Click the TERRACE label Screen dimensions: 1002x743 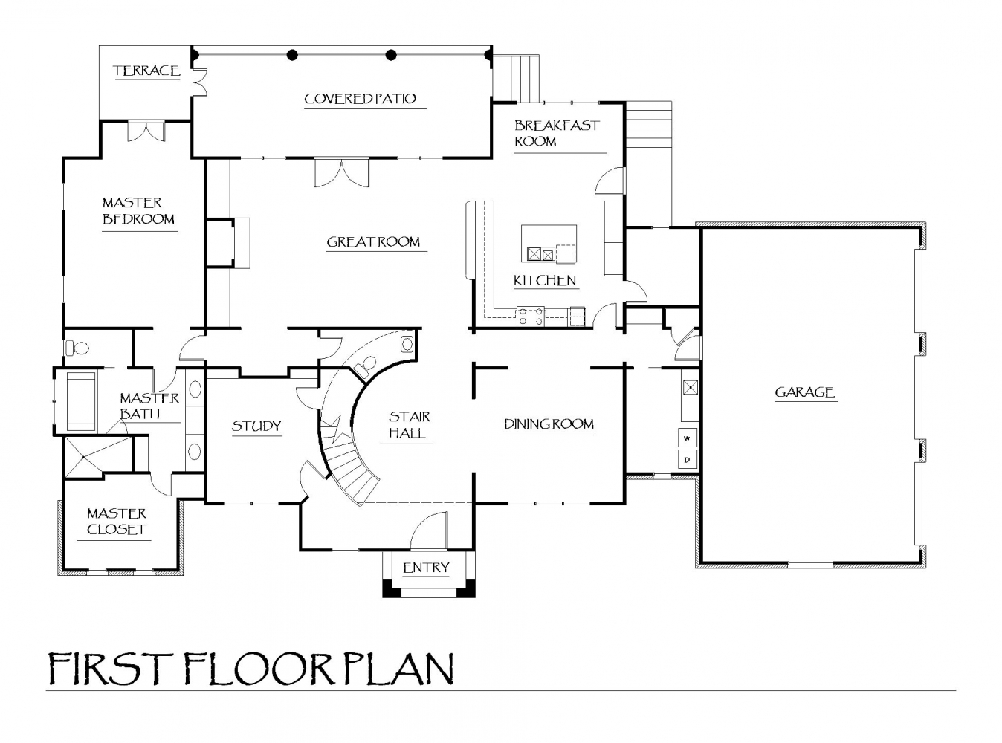point(146,71)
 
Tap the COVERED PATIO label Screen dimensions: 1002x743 point(360,99)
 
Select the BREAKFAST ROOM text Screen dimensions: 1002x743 point(557,133)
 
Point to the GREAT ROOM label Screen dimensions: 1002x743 point(373,241)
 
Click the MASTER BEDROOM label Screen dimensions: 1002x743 point(138,211)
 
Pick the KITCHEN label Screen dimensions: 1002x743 point(545,281)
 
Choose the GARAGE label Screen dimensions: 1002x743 point(804,392)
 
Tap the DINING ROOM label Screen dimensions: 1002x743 point(549,424)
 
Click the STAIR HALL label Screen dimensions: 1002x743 point(409,424)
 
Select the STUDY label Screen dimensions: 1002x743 point(256,426)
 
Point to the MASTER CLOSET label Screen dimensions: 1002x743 point(117,522)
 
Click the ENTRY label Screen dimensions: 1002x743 point(426,568)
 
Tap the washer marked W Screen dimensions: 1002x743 point(688,438)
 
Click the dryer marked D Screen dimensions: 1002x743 point(688,460)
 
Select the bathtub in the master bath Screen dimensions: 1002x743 point(82,401)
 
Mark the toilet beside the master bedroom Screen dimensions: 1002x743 point(77,347)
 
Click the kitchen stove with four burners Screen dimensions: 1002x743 point(531,316)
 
